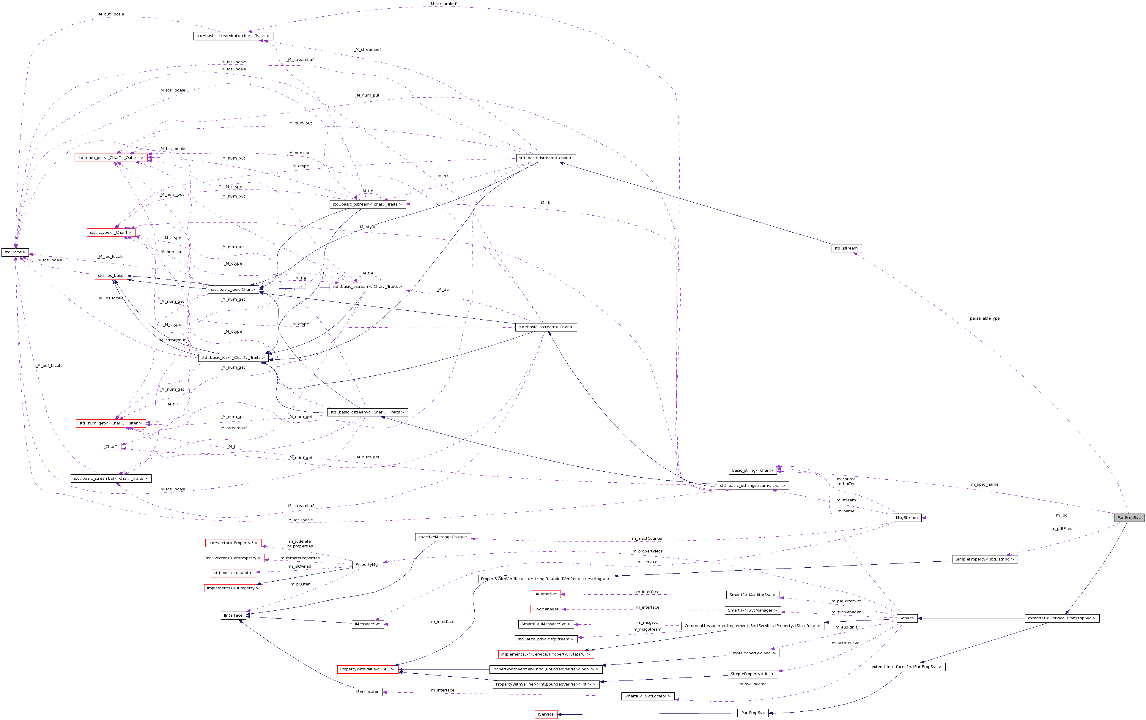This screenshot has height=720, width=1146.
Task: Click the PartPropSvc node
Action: [1128, 517]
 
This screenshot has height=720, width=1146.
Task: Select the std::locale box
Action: [15, 252]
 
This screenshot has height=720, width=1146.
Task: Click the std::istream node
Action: [846, 248]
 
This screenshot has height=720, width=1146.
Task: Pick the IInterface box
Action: [233, 615]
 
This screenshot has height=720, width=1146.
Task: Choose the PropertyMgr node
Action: [367, 564]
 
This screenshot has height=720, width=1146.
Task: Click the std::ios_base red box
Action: [111, 275]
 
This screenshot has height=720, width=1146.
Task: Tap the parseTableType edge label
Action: [984, 318]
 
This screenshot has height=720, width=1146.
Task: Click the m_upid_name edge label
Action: [984, 484]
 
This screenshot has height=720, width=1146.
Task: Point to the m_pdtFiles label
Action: [1061, 528]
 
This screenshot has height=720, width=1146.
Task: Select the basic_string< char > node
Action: [752, 470]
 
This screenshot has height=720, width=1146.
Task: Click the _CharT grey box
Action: [111, 446]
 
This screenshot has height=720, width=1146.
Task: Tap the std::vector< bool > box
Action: [233, 573]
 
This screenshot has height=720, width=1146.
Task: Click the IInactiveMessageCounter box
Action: [443, 537]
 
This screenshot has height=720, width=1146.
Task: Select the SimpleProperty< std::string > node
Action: [984, 559]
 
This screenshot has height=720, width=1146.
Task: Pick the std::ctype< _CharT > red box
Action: [111, 233]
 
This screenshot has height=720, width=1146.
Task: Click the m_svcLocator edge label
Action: [752, 684]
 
